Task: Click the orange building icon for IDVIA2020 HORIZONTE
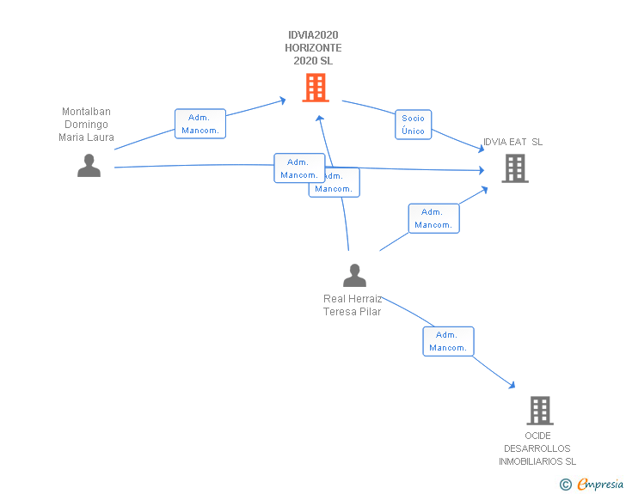coord(316,88)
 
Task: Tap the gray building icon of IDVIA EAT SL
coord(515,168)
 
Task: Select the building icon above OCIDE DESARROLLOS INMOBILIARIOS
coord(539,411)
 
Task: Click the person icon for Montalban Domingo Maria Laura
coord(89,166)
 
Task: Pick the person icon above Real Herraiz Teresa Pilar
coord(354,276)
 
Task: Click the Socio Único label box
coord(413,125)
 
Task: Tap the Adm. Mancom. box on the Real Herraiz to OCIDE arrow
coord(448,341)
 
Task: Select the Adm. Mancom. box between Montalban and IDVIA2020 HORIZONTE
coord(200,124)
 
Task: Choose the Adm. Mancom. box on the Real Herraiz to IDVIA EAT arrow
coord(433,218)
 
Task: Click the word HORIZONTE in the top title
coord(313,48)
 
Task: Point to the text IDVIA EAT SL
coord(512,142)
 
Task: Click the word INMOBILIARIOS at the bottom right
coord(537,461)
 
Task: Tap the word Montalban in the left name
coord(86,112)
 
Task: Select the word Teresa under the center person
coord(338,312)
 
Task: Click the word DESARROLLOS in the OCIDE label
coord(537,448)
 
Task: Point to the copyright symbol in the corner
coord(566,485)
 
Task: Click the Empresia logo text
coord(601,485)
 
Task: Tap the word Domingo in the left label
coord(86,124)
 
